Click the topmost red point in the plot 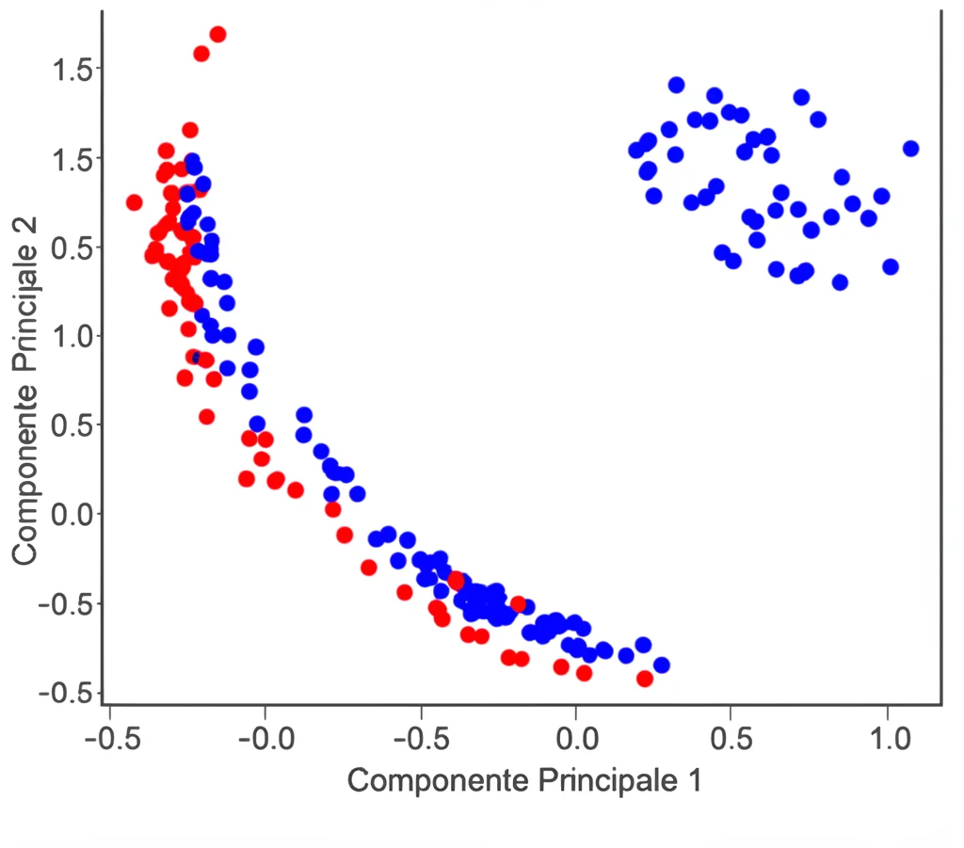click(x=217, y=35)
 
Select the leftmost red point click(x=135, y=202)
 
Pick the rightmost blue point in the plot click(x=910, y=149)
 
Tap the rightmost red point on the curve click(x=645, y=679)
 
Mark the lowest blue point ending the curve click(x=662, y=665)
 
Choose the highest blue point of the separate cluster click(x=676, y=86)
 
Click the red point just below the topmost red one click(x=201, y=54)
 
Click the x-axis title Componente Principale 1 click(x=524, y=780)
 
